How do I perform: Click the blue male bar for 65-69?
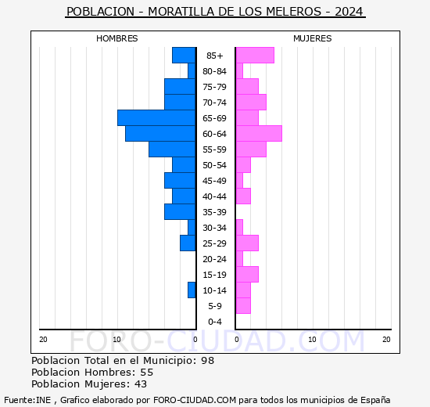tap(156, 117)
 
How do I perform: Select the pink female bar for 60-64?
tap(258, 133)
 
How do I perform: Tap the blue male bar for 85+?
tap(184, 55)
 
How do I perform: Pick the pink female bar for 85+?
tap(254, 55)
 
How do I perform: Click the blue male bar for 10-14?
tap(192, 290)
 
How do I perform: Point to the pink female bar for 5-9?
tap(242, 305)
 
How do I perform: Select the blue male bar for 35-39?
tap(180, 211)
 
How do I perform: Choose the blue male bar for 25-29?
tap(188, 243)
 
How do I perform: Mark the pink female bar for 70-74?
tap(250, 102)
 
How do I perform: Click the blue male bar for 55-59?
tap(172, 149)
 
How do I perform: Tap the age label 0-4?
tap(215, 322)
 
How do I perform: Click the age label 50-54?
tap(215, 165)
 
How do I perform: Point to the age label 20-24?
tap(215, 259)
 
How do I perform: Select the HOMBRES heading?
tap(116, 38)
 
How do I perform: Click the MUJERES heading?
tap(312, 38)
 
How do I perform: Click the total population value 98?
tap(206, 361)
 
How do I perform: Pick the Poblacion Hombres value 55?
tap(146, 373)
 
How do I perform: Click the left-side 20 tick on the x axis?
tap(43, 339)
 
